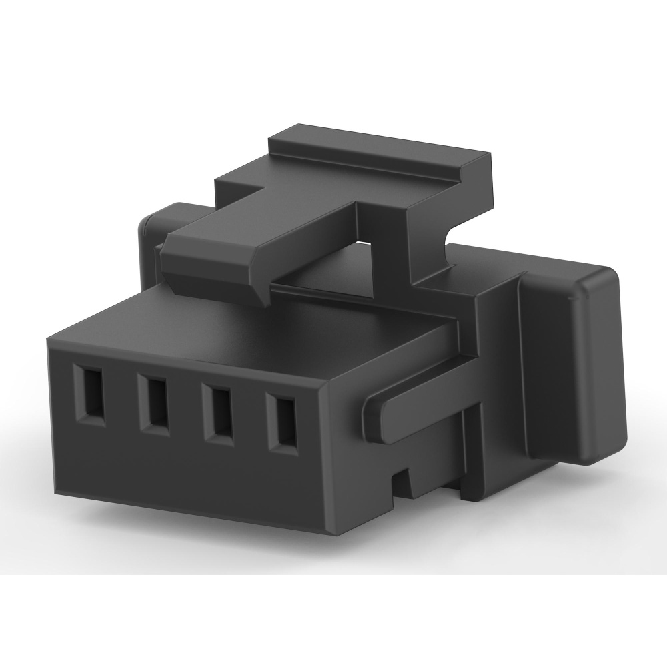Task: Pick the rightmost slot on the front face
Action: tap(281, 422)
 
